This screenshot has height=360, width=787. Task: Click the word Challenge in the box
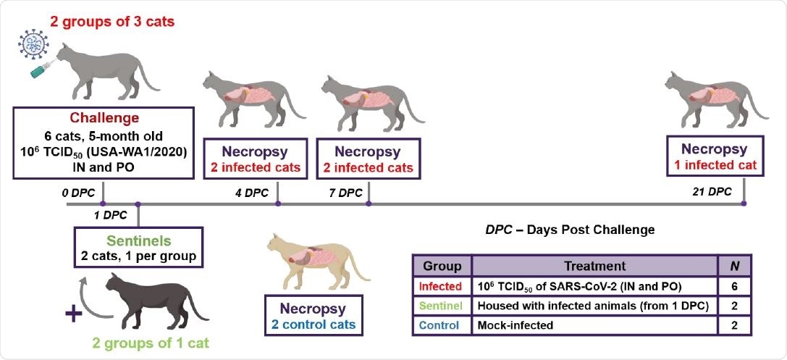click(103, 119)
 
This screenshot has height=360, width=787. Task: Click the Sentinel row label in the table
click(442, 306)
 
